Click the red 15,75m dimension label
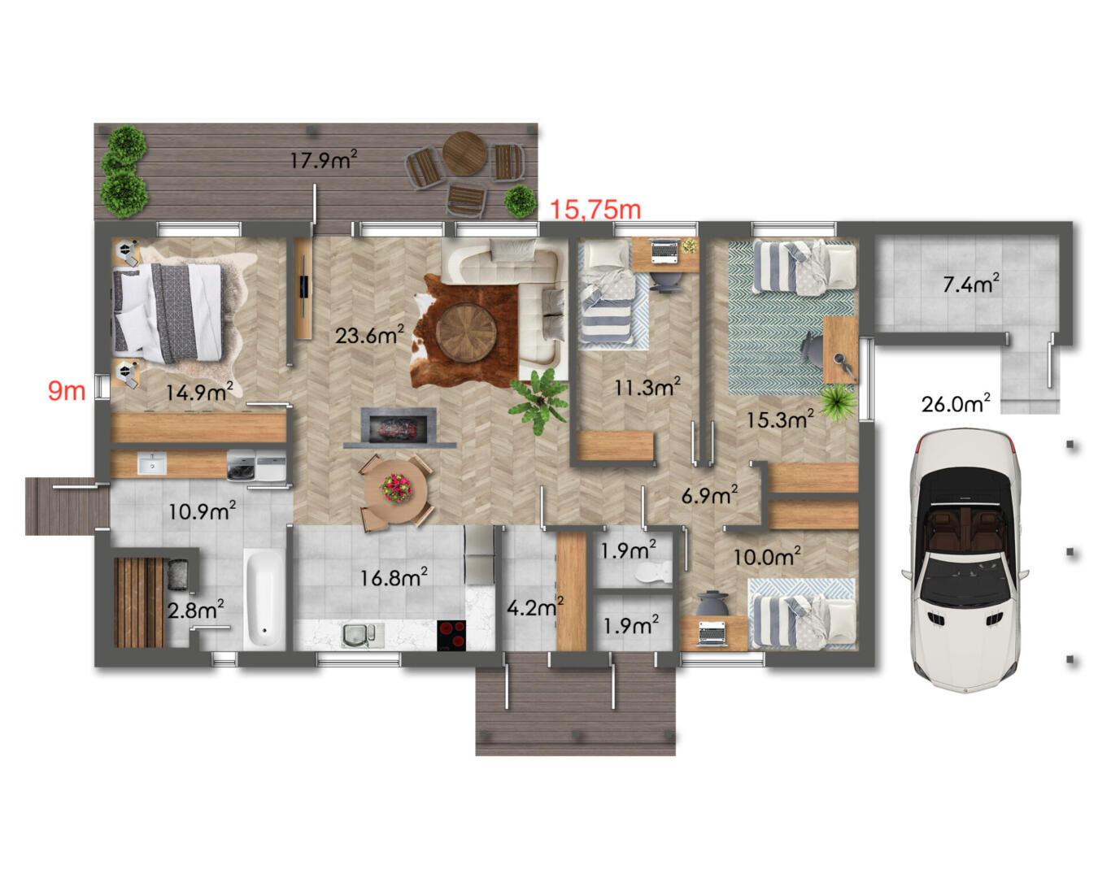(x=595, y=209)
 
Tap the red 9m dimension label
(x=67, y=391)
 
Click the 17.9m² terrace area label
(x=324, y=159)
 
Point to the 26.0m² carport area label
(x=956, y=403)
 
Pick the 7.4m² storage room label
(x=970, y=283)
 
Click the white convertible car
(x=965, y=559)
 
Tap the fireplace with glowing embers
(x=399, y=425)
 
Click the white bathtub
(x=264, y=599)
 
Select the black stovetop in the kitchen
(x=451, y=635)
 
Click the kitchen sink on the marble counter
(x=362, y=636)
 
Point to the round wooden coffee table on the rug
(x=465, y=333)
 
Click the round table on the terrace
(x=464, y=153)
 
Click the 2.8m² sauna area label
(x=195, y=609)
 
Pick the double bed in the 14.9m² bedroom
(x=168, y=311)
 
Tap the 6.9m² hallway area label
(x=710, y=495)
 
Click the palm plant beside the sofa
(x=540, y=399)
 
